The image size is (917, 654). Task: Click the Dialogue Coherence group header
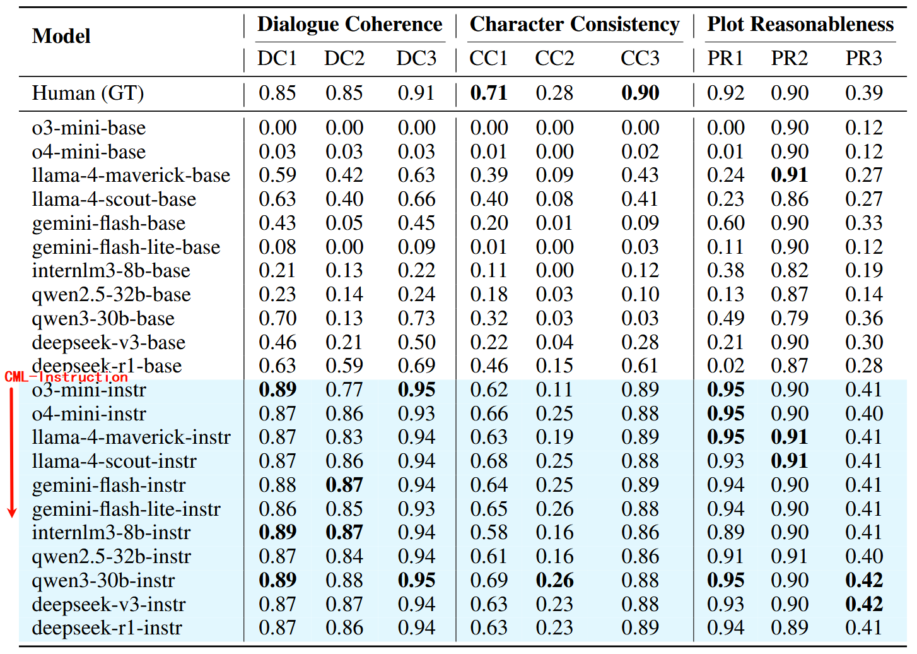point(349,25)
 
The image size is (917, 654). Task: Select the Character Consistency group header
point(574,25)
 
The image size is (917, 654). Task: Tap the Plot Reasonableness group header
point(800,25)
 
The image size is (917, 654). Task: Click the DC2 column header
point(344,59)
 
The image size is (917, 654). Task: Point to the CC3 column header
point(640,59)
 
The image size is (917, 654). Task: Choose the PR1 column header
point(725,59)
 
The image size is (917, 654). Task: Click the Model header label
point(61,37)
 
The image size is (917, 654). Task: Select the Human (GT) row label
point(88,93)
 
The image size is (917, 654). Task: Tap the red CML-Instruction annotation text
point(66,378)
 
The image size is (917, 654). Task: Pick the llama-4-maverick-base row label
point(131,175)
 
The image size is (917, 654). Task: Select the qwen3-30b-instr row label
point(103,581)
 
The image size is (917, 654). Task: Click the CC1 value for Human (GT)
point(488,93)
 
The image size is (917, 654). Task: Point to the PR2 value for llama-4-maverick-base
point(789,175)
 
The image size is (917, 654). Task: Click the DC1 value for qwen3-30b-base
point(277,319)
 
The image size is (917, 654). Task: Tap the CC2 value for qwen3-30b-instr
point(554,581)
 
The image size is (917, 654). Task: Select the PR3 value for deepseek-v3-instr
point(863,605)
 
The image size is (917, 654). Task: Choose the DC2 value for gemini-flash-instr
point(344,485)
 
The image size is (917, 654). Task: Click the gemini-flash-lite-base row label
point(126,247)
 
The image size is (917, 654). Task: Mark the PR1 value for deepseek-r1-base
point(725,366)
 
